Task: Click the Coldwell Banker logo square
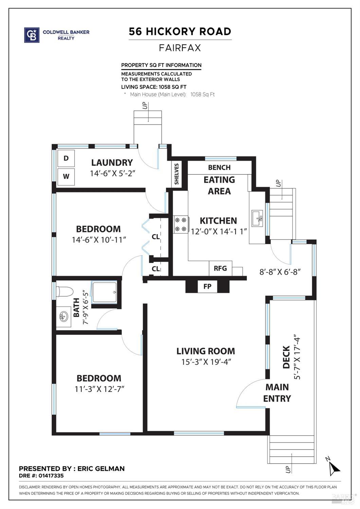32,35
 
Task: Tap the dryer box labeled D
66,158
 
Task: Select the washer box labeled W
66,176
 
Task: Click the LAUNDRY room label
112,163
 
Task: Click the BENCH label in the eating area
219,168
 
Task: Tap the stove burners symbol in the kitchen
180,225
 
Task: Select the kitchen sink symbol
257,218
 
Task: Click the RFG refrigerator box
220,268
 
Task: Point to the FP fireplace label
208,286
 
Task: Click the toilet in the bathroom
65,291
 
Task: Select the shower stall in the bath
105,292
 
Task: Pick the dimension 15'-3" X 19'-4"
206,362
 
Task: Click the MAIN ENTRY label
277,393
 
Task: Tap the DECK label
287,357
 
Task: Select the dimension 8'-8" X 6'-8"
280,272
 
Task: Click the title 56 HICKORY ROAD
180,32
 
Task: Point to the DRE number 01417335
51,476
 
